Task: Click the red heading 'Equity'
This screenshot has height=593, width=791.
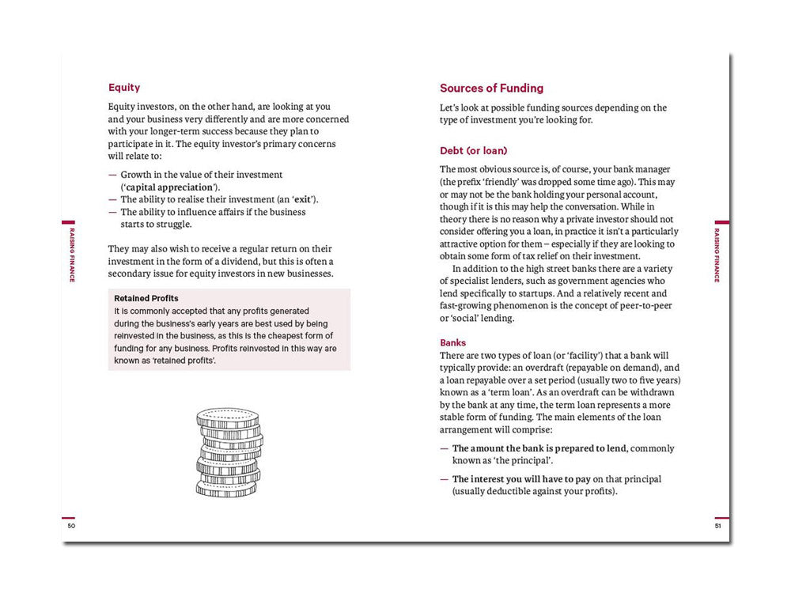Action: [124, 88]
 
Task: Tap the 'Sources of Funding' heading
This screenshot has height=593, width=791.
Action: [491, 89]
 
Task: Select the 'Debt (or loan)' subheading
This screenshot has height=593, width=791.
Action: [473, 150]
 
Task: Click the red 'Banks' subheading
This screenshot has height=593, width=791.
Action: [453, 343]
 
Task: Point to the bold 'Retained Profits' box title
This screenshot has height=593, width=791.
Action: [146, 298]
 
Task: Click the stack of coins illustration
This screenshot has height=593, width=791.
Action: [229, 453]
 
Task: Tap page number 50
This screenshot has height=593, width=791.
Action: [71, 526]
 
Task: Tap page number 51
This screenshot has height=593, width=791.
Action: [718, 526]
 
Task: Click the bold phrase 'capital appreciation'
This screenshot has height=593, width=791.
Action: [169, 187]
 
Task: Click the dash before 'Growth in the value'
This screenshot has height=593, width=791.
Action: [112, 175]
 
